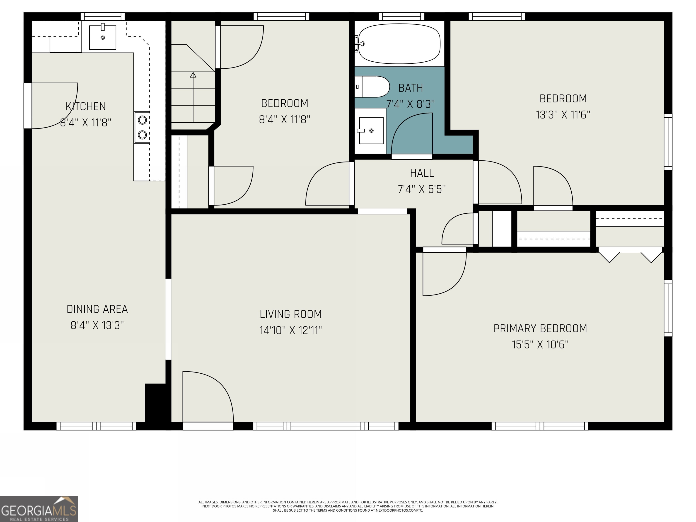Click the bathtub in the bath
pos(399,44)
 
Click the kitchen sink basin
pos(103,37)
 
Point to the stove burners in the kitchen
pos(142,127)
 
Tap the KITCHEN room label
pos(86,106)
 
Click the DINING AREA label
pos(97,309)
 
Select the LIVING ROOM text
pos(290,314)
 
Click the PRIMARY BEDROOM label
pos(540,329)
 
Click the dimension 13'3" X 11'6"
pos(563,115)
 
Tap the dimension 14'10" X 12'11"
pos(290,330)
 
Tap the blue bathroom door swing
pos(412,134)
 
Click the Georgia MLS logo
pos(39,509)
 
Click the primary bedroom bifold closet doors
pos(630,256)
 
